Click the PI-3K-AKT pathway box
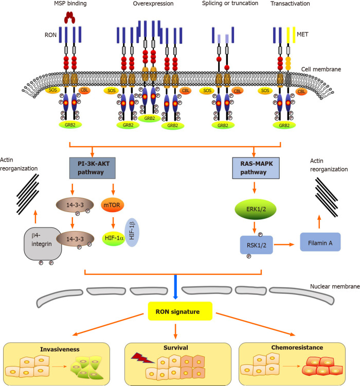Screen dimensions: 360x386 point(93,168)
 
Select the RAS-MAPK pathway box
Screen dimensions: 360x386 point(256,168)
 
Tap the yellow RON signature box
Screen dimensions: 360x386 point(180,311)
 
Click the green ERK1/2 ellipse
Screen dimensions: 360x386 point(256,209)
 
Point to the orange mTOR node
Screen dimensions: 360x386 point(112,205)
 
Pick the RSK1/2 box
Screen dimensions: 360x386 point(257,245)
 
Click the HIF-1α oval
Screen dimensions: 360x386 point(114,238)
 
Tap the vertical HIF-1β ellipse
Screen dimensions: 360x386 point(132,232)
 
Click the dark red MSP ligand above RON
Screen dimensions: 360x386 point(69,17)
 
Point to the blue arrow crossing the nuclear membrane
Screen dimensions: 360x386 point(175,287)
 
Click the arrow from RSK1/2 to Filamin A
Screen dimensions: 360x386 point(284,244)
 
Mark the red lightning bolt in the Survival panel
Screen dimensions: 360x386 point(142,358)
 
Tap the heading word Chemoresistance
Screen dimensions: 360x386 point(297,347)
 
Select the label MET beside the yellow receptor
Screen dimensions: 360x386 point(302,34)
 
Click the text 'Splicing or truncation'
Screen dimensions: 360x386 point(230,4)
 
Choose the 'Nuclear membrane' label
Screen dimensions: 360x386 point(335,286)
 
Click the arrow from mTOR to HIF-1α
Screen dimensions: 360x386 point(113,223)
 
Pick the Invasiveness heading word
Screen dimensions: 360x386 point(60,349)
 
